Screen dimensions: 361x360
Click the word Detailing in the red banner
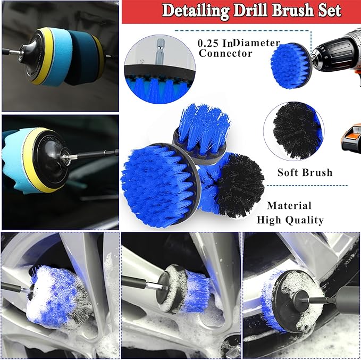pyautogui.click(x=196, y=11)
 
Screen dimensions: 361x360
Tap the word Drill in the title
pyautogui.click(x=250, y=10)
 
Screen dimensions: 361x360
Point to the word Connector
pyautogui.click(x=225, y=53)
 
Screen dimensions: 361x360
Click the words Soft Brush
pyautogui.click(x=305, y=172)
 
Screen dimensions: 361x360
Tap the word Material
pyautogui.click(x=289, y=205)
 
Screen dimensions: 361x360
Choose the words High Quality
pyautogui.click(x=290, y=220)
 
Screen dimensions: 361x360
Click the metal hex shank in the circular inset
pyautogui.click(x=160, y=52)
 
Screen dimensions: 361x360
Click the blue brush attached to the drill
pyautogui.click(x=290, y=65)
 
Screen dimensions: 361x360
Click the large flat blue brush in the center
pyautogui.click(x=160, y=186)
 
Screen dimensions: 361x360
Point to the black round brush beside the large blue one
pyautogui.click(x=239, y=186)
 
